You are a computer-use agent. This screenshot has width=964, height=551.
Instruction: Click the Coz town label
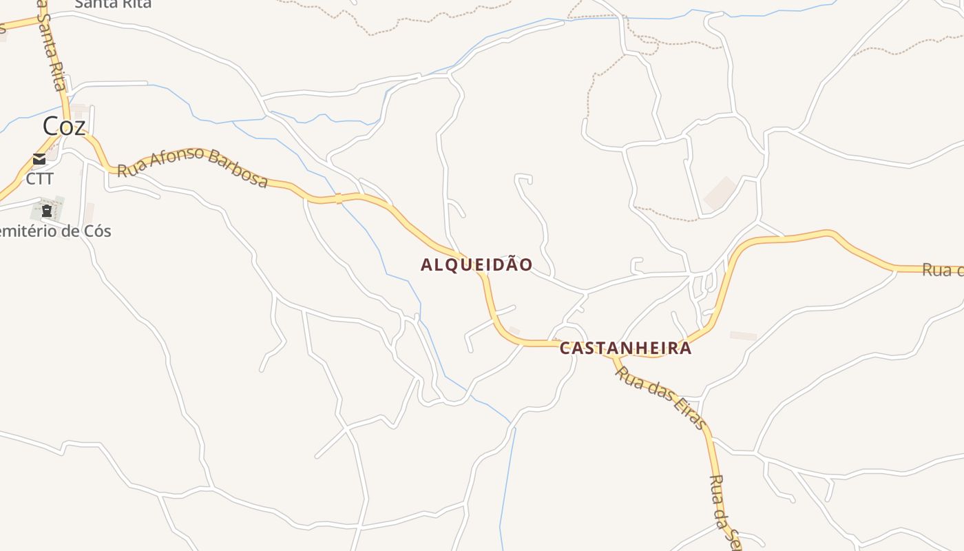tap(64, 126)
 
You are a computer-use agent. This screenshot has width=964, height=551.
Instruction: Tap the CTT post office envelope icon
tap(39, 159)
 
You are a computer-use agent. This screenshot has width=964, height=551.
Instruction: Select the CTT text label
tap(39, 178)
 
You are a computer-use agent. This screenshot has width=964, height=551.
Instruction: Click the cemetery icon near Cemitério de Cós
tap(47, 210)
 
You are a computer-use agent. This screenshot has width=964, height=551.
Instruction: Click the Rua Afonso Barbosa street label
tap(192, 166)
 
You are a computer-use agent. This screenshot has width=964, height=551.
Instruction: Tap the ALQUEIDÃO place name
tap(476, 265)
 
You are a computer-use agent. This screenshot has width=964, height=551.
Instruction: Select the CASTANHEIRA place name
tap(625, 349)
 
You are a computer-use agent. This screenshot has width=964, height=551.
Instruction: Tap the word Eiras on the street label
tap(686, 412)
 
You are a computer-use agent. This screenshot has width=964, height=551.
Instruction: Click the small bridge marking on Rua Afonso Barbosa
tap(338, 199)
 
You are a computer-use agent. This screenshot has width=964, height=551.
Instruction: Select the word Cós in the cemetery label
tap(97, 231)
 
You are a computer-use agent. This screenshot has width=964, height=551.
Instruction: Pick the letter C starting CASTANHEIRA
tap(565, 349)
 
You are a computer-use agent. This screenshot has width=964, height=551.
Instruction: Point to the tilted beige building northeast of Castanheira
tap(720, 193)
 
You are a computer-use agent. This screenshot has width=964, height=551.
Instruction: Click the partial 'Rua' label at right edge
tap(943, 270)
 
